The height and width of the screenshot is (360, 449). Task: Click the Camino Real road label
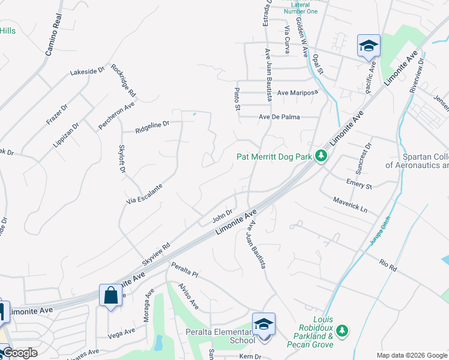tap(54, 34)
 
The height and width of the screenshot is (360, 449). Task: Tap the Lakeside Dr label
tap(87, 71)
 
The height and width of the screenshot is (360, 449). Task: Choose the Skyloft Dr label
tap(122, 159)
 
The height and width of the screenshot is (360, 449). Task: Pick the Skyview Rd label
tap(157, 254)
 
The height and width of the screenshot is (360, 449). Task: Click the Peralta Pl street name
tap(184, 268)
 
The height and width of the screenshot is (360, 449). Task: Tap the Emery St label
tap(359, 183)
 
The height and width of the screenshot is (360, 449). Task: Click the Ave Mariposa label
tap(296, 93)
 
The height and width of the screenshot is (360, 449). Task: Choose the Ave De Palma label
tap(279, 117)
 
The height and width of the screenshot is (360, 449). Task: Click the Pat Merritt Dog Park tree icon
tap(322, 157)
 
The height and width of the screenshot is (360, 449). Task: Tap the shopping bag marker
tap(110, 295)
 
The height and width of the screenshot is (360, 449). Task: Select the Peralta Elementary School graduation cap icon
tap(264, 324)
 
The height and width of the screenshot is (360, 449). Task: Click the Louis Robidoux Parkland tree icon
tap(342, 331)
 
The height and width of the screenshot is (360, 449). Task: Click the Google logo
tap(20, 353)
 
